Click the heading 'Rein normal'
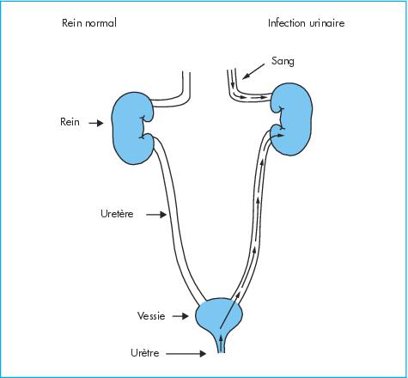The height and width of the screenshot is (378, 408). (89, 23)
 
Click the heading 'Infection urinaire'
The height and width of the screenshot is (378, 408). (306, 23)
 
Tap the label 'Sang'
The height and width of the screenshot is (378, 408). (283, 61)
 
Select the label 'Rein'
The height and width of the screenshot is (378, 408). (70, 122)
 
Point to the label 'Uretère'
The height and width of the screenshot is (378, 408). (117, 214)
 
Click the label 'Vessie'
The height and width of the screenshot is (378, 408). (151, 315)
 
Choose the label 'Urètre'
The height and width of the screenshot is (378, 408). (145, 353)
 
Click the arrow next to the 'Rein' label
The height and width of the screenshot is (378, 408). (96, 123)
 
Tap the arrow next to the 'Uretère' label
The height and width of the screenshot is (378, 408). (156, 214)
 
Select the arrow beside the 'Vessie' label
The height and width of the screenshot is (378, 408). (180, 316)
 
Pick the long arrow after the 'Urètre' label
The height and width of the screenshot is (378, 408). (186, 354)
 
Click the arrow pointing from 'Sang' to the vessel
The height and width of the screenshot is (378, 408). (253, 71)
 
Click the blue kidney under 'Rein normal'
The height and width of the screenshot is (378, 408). (131, 128)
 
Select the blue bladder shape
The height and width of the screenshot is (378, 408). (219, 315)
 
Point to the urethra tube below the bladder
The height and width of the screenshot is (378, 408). (222, 344)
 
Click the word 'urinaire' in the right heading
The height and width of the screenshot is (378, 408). (327, 23)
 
